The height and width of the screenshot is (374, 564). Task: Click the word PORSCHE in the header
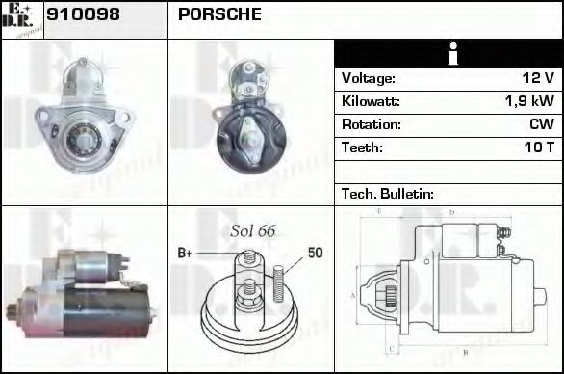(x=218, y=15)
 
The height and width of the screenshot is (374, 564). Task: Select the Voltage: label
(x=368, y=78)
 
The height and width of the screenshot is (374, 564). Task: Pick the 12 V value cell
(x=537, y=78)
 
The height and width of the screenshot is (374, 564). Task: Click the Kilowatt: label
(x=371, y=101)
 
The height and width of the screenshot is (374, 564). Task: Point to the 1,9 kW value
(x=528, y=101)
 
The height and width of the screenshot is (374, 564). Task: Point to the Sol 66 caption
(x=253, y=230)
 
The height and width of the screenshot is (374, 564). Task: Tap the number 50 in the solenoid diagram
(x=315, y=253)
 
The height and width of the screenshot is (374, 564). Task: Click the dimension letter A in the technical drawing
(x=354, y=294)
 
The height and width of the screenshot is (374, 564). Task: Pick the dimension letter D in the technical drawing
(x=451, y=212)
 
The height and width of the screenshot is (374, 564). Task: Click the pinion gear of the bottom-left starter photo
(x=13, y=310)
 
